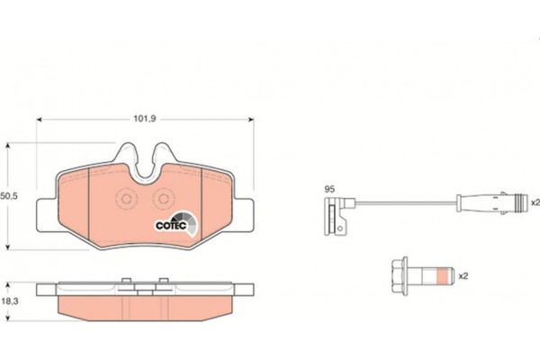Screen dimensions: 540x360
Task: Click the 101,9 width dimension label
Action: click(145, 119)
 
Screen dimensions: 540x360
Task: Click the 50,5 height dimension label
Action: click(9, 196)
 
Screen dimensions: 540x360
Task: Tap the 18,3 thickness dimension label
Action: click(10, 301)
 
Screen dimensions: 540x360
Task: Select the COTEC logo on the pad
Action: click(176, 224)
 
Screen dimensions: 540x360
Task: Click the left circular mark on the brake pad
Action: click(126, 199)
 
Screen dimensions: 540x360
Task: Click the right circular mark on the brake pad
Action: click(164, 199)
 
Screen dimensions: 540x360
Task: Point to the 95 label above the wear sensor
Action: click(329, 189)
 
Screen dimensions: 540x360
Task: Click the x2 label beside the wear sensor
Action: click(535, 202)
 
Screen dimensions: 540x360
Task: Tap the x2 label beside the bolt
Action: click(463, 276)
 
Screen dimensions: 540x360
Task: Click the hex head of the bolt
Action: click(400, 276)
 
